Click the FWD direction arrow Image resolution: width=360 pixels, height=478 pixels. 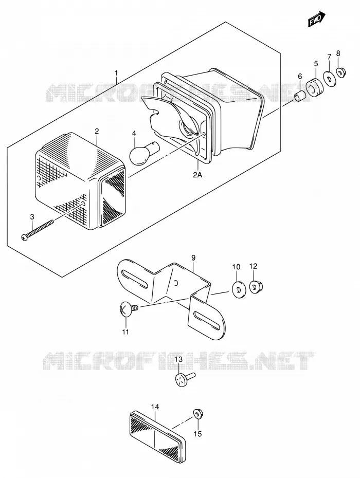316,20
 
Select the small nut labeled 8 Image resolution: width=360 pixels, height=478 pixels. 341,72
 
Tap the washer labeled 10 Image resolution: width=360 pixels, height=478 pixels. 239,288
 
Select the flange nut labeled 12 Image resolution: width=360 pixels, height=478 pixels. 256,287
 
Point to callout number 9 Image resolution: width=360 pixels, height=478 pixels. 193,258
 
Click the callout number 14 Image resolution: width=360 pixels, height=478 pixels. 155,407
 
